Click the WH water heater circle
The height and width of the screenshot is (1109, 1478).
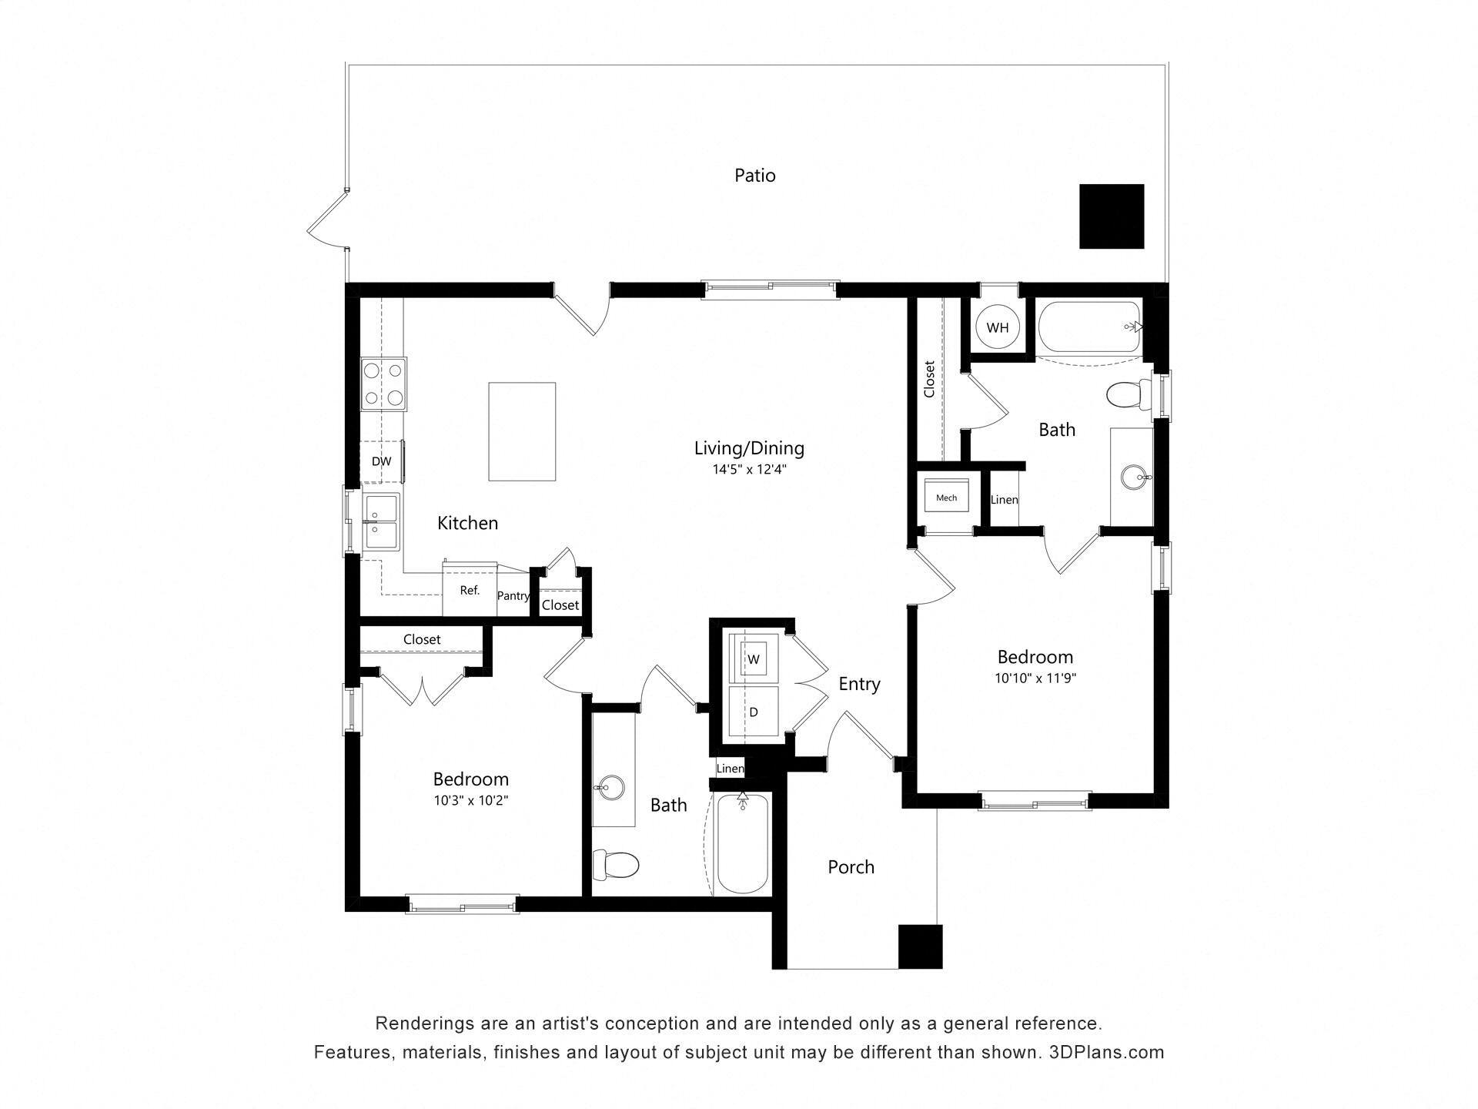point(998,327)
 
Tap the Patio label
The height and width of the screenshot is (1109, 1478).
point(754,176)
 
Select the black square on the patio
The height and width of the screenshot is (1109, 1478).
point(1111,216)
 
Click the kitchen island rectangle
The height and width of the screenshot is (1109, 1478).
point(522,431)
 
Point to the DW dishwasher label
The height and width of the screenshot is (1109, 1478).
point(381,462)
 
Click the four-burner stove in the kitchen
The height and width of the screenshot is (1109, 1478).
point(384,384)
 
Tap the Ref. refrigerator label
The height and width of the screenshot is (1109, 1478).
point(470,591)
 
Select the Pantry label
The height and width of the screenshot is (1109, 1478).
point(513,595)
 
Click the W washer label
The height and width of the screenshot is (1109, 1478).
point(754,659)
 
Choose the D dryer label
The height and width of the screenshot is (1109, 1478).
point(754,712)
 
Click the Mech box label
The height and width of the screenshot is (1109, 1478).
point(946,498)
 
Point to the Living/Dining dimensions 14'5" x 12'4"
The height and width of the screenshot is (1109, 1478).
point(749,469)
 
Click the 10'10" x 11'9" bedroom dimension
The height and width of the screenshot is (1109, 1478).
point(1035,678)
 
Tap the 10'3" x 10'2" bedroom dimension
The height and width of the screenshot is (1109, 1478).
point(470,800)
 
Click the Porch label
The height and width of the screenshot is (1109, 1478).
point(851,867)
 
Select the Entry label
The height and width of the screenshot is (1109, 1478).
point(859,684)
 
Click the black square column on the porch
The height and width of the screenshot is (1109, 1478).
point(920,947)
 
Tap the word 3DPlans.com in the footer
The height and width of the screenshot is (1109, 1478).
point(1106,1052)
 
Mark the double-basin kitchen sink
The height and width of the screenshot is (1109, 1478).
point(382,521)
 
